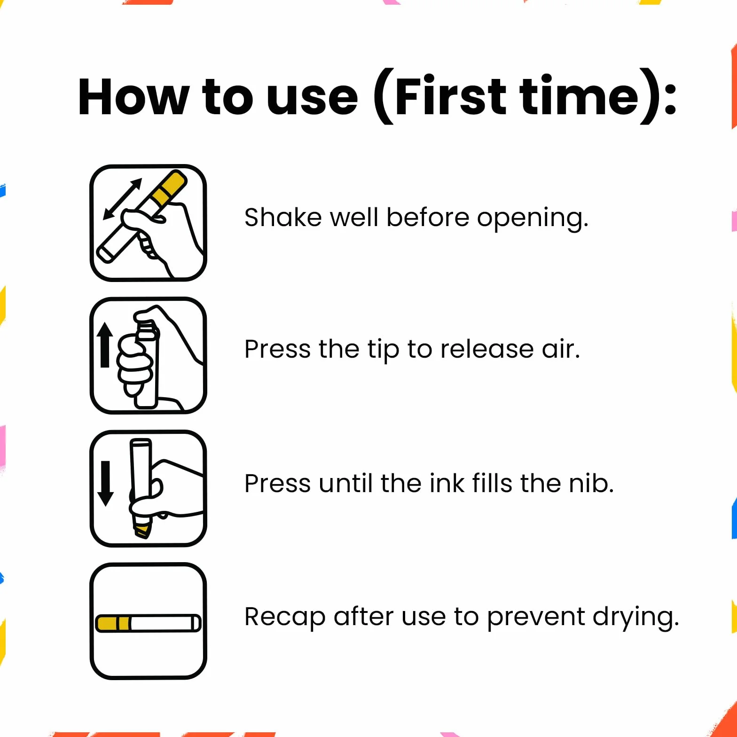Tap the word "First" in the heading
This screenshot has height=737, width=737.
[450, 96]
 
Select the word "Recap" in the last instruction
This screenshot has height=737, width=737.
[285, 618]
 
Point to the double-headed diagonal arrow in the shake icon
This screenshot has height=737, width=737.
[122, 199]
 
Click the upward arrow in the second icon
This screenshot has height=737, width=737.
[105, 345]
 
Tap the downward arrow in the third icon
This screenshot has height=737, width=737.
[105, 484]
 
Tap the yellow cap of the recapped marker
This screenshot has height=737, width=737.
[112, 623]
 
